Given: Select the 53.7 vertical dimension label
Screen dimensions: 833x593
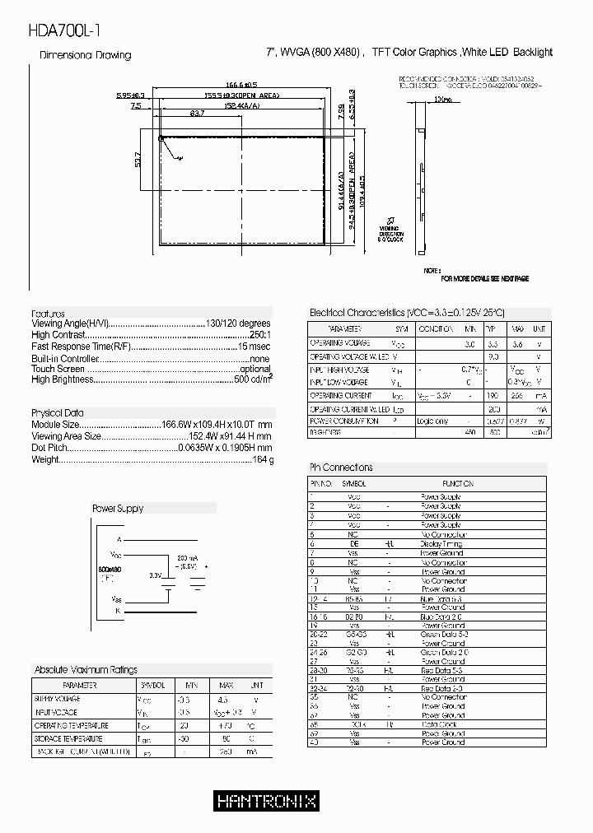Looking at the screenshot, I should click(138, 159).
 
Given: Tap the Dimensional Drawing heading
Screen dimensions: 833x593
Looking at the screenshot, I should click(86, 55).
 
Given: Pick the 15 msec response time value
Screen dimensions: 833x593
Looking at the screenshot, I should click(254, 347).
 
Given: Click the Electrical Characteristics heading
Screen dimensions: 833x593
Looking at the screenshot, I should click(406, 313).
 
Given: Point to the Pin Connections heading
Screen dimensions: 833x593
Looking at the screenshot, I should click(340, 468).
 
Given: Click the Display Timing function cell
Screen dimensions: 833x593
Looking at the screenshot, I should click(442, 544).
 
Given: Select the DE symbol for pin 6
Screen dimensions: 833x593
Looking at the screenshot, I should click(354, 544).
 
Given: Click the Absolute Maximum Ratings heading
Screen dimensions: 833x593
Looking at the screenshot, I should click(86, 670).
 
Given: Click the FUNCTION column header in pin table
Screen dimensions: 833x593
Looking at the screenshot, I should click(457, 484).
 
